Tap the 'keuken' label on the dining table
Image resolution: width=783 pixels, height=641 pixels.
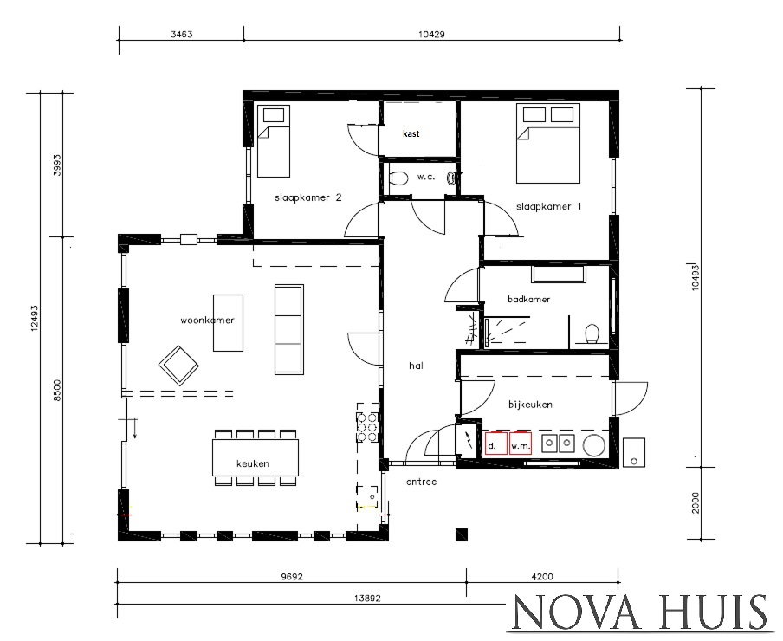point(253,463)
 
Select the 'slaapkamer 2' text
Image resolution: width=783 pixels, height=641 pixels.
point(307,197)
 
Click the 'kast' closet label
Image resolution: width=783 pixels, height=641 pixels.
point(411,134)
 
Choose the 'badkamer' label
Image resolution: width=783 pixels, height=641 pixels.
point(528,299)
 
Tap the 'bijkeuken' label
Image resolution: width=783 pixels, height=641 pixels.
point(531,405)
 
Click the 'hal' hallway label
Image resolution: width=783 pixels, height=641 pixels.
point(415,366)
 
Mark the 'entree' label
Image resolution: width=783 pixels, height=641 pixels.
point(421,481)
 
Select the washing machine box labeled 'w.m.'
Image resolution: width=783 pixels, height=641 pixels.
point(519,444)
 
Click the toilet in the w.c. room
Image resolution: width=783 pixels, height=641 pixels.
point(399,178)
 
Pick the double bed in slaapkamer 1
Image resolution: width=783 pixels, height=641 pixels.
point(547,143)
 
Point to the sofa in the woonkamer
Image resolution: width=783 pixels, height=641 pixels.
point(289,326)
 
